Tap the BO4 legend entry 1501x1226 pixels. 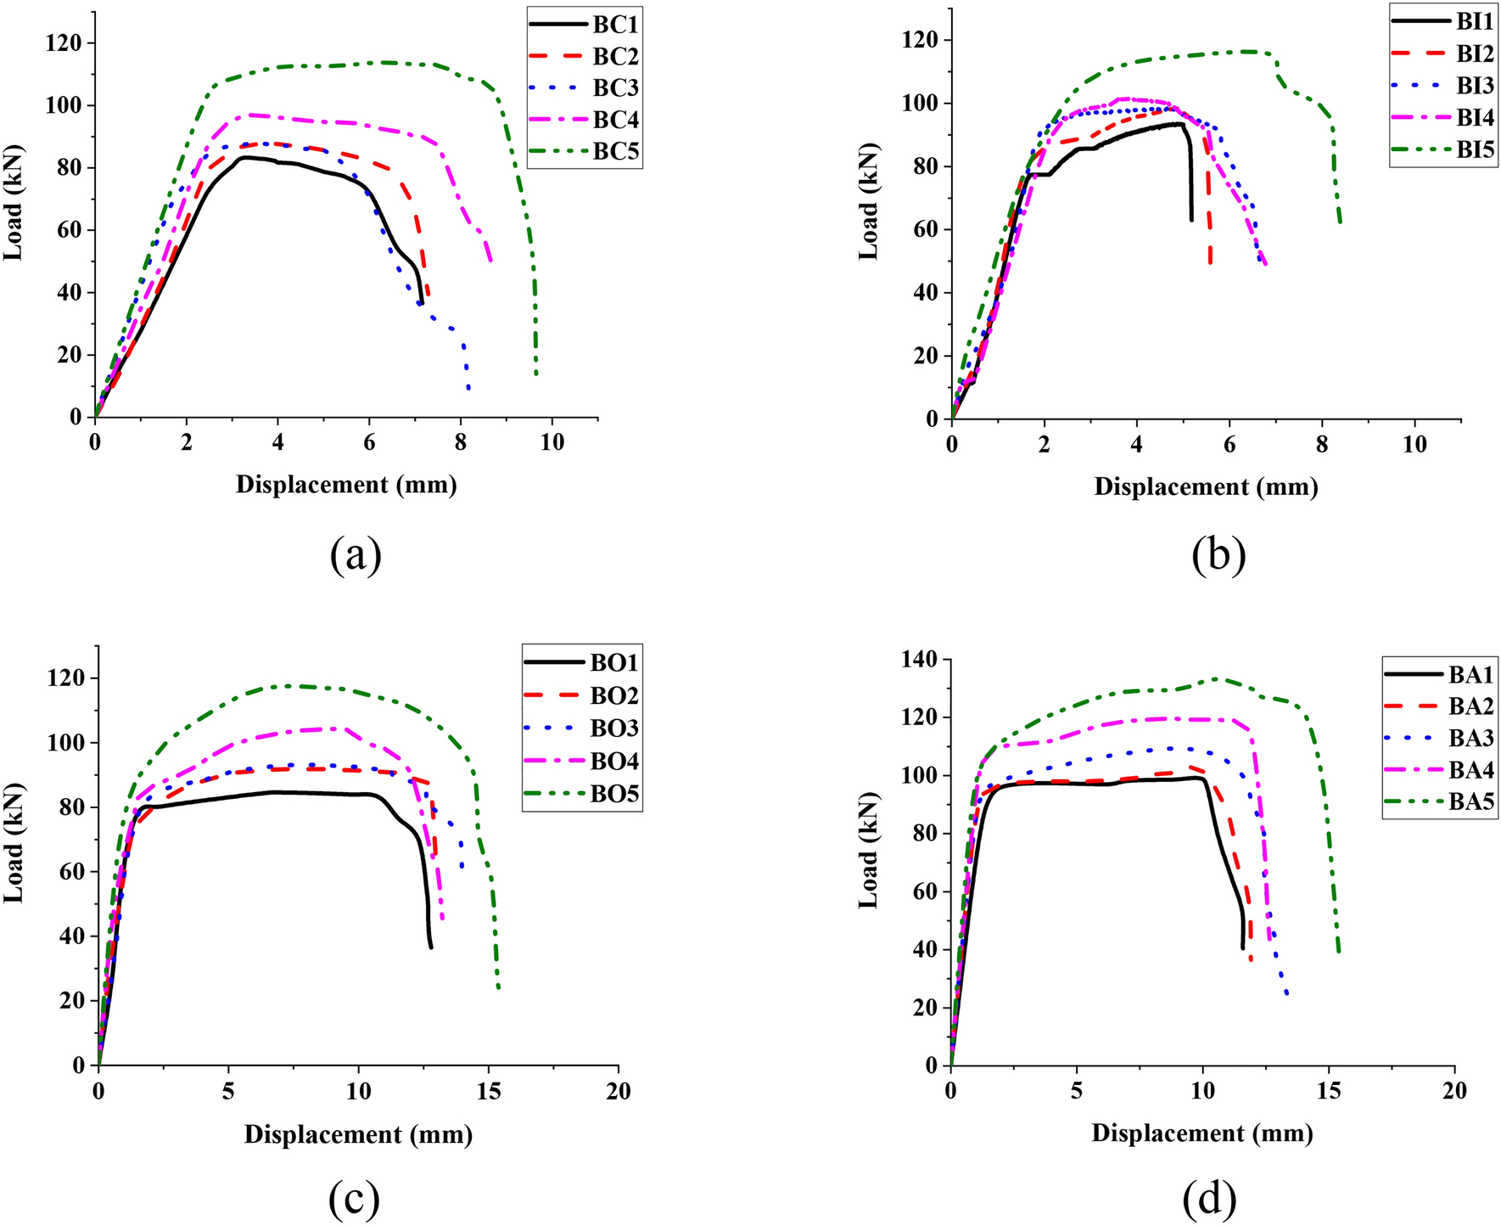584,761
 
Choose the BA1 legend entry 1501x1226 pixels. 1442,675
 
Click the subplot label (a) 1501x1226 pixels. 356,556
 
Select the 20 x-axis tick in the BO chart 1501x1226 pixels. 619,1092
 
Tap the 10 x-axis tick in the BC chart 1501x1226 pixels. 552,443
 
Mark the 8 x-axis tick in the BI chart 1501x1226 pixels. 1322,445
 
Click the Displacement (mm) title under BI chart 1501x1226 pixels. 1206,487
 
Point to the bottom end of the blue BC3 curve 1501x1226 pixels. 469,390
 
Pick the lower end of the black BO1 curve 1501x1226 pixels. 431,948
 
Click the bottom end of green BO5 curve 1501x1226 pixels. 498,988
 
